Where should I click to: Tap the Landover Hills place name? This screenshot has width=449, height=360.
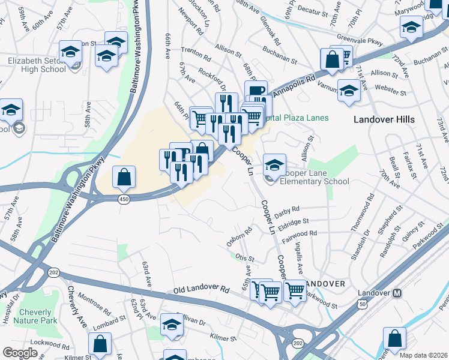click(384, 119)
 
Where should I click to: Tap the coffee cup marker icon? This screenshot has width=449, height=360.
click(256, 92)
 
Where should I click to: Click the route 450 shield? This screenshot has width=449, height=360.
click(124, 200)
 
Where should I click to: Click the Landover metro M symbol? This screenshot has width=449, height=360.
click(396, 293)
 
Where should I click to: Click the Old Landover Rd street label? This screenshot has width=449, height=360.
click(201, 290)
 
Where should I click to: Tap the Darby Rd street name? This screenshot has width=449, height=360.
click(286, 212)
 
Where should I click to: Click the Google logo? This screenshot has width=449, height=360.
click(20, 353)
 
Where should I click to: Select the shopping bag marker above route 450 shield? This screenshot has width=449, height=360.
click(124, 176)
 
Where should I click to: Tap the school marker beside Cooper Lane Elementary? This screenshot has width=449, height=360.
click(274, 164)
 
